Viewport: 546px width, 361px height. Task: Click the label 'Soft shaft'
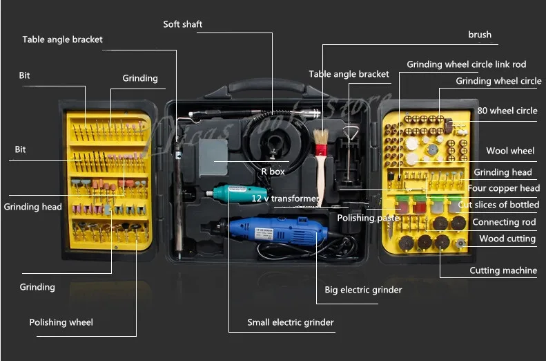point(183,24)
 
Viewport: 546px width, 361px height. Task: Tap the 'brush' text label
point(480,35)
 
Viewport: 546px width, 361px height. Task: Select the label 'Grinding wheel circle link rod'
point(466,64)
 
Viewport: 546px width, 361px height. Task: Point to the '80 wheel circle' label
point(507,111)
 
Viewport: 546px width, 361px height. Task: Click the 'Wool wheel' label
point(510,151)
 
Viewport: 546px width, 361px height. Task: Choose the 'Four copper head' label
point(504,188)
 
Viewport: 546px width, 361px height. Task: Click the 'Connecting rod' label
point(504,222)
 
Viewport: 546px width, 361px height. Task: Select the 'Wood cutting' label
point(507,239)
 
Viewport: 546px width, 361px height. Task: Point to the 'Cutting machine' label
point(503,270)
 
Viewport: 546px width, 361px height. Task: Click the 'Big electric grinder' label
point(362,290)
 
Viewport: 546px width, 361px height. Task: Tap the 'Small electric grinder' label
point(291,322)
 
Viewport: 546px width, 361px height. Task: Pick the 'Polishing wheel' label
point(61,322)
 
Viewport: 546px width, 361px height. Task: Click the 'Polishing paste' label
point(368,218)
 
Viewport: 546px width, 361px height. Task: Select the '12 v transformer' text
point(285,198)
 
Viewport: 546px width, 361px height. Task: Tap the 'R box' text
point(273,172)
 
